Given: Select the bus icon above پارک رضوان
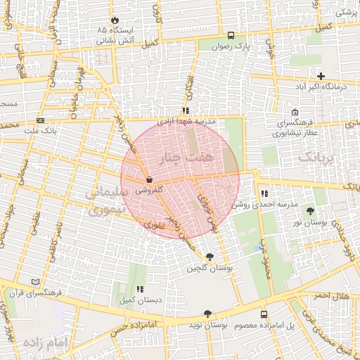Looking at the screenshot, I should [x=231, y=35].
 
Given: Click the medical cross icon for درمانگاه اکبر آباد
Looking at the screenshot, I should [x=321, y=75].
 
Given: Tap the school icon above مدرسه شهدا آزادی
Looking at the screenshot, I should [x=186, y=110].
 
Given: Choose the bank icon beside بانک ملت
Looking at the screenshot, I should [x=39, y=120].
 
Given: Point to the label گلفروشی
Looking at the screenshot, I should [x=149, y=190].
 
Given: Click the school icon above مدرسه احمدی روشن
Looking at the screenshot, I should [x=264, y=193].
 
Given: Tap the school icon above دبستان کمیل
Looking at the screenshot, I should [x=140, y=288].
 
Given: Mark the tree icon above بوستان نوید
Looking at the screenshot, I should [x=207, y=314].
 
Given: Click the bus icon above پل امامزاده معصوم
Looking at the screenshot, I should [x=264, y=314].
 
